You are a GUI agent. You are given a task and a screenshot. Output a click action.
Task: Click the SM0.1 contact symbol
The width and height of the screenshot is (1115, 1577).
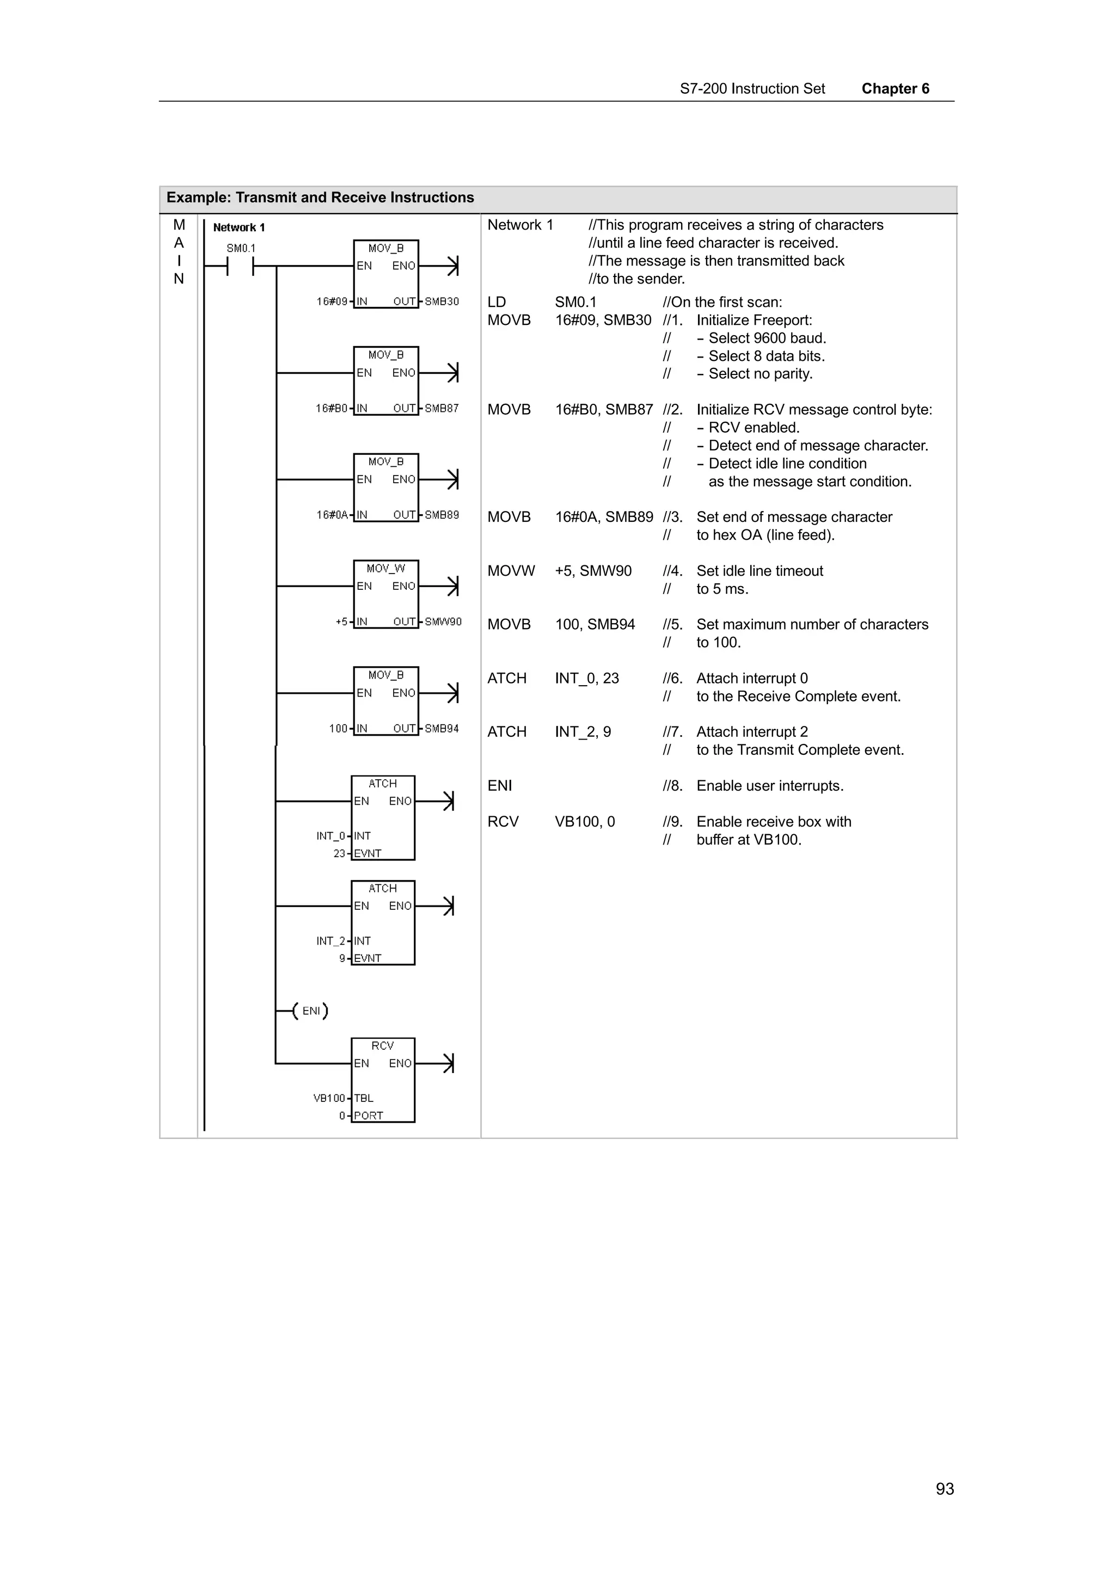click(240, 266)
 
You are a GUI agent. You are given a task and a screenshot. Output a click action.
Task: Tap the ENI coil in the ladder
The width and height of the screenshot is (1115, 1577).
click(310, 1011)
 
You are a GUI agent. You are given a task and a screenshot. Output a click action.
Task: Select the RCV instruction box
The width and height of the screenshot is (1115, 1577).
click(383, 1080)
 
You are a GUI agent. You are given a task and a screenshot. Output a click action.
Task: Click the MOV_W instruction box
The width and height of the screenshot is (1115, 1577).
click(385, 594)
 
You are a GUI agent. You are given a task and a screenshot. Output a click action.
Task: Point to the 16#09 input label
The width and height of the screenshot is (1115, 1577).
click(332, 301)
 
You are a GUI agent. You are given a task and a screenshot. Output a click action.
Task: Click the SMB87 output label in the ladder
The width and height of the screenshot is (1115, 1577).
click(442, 408)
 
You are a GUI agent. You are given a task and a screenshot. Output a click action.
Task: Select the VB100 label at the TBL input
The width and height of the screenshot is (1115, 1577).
click(329, 1098)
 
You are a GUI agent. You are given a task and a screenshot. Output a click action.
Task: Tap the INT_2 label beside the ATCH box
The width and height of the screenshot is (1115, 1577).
click(330, 941)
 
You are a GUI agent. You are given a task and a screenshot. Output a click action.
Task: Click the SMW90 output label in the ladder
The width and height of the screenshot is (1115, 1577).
click(443, 621)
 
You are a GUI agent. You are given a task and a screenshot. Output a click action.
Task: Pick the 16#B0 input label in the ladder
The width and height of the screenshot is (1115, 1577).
click(331, 408)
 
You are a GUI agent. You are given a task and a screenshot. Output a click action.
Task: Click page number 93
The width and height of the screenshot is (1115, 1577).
click(945, 1489)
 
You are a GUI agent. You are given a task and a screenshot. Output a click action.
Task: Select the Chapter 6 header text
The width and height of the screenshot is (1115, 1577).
click(895, 89)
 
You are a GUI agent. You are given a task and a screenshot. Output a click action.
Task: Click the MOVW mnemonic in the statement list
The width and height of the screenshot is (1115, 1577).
click(511, 571)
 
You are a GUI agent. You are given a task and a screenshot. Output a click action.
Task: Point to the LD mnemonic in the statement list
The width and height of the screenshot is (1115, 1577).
click(496, 302)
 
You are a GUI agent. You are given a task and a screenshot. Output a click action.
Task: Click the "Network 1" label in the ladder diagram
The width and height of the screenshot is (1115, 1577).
click(238, 227)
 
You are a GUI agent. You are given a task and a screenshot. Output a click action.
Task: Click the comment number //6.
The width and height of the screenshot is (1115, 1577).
click(672, 679)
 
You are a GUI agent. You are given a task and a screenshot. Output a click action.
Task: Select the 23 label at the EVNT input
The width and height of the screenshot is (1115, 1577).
click(339, 853)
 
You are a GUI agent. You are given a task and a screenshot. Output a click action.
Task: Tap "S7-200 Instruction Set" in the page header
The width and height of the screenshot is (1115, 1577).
click(752, 89)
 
